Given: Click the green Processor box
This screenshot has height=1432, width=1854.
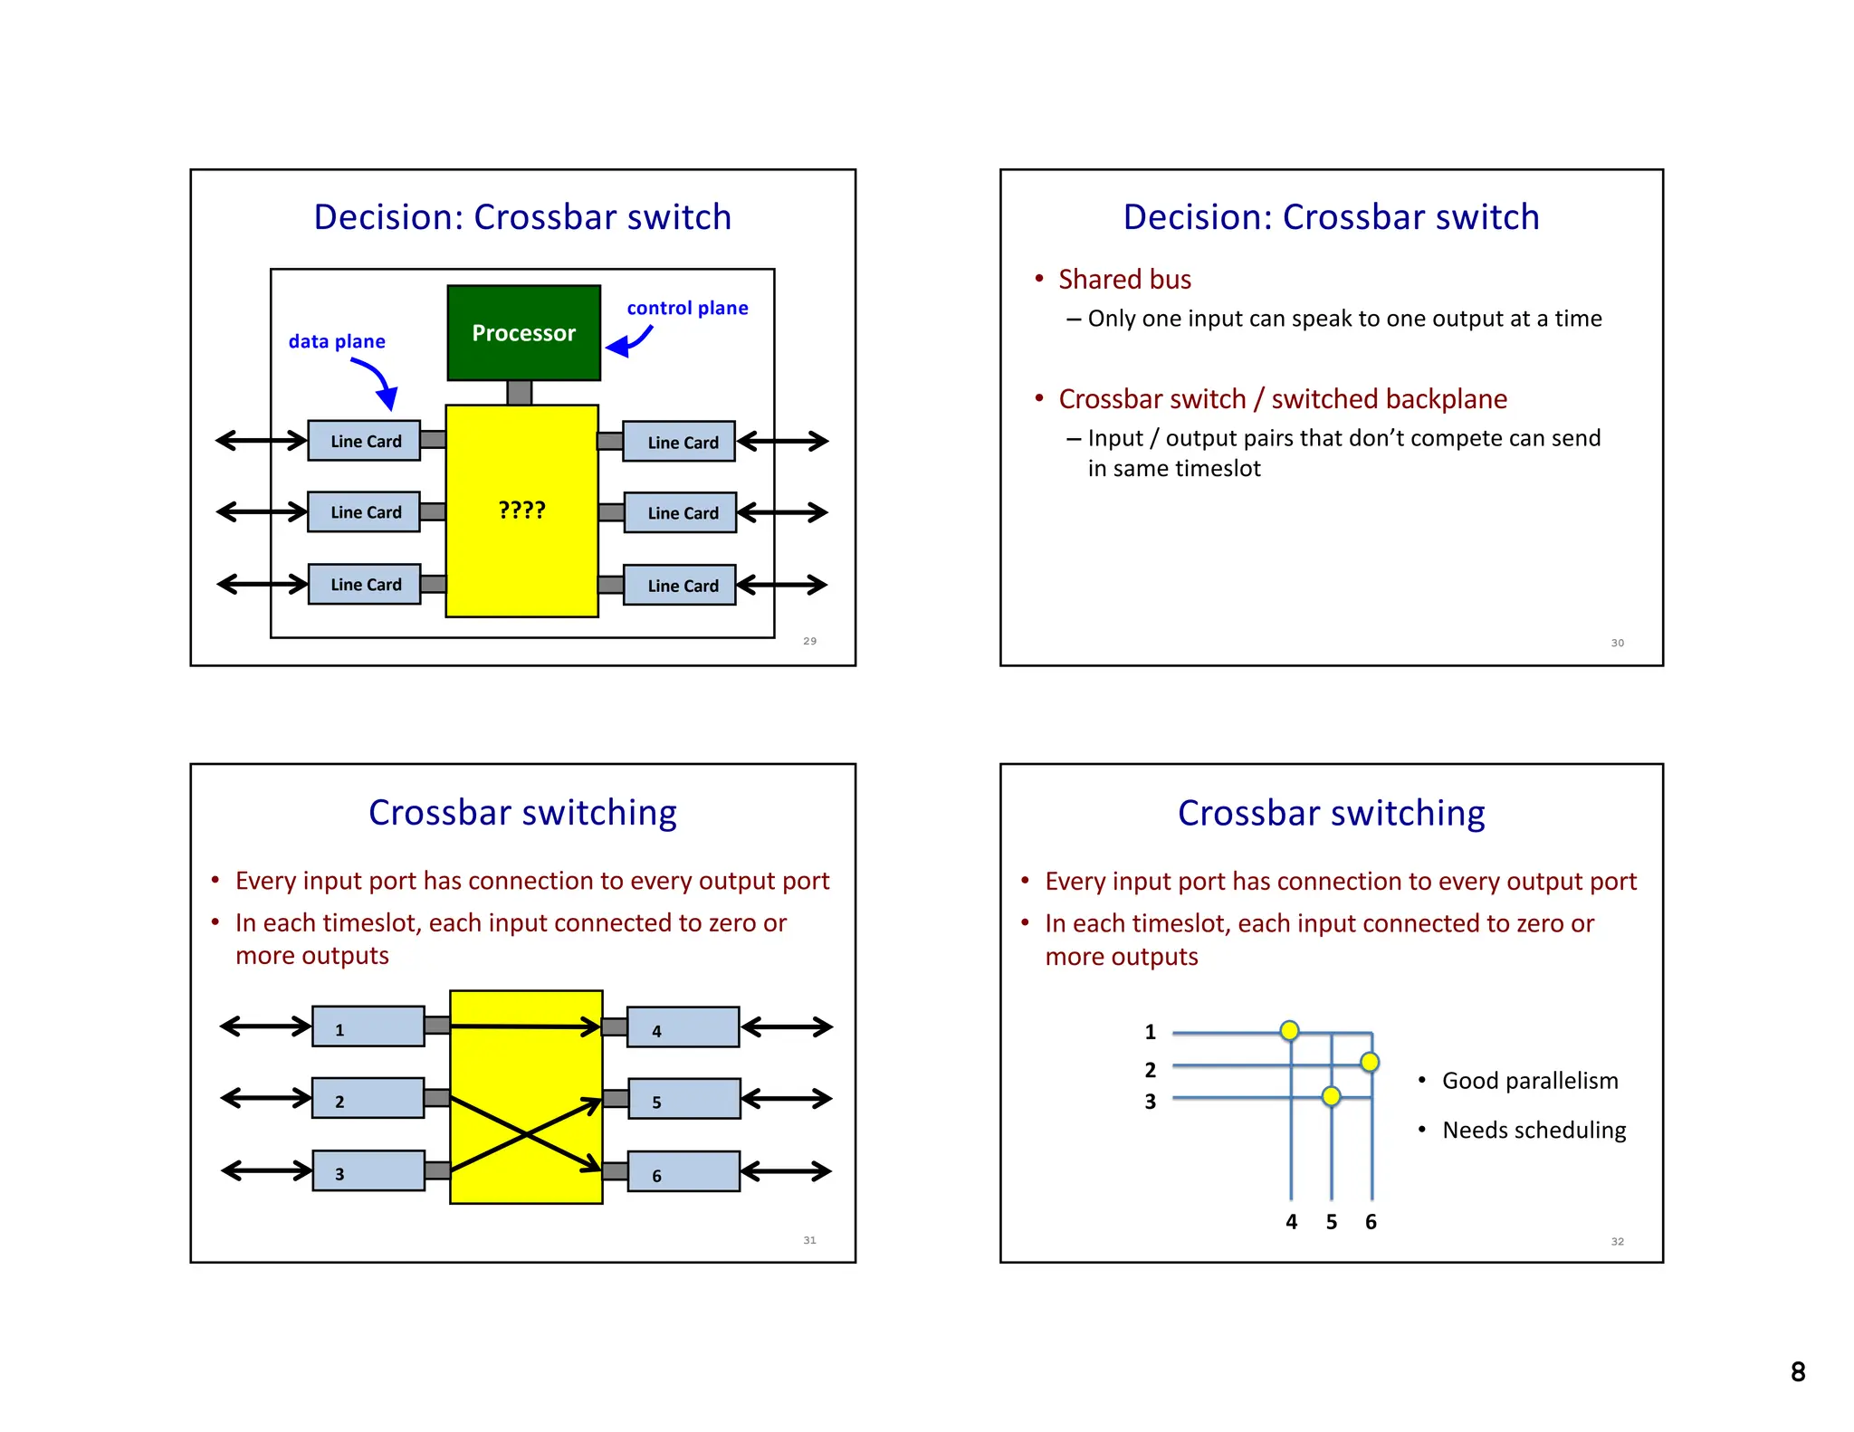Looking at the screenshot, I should [523, 332].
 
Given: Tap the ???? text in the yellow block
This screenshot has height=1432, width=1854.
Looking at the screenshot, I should [521, 510].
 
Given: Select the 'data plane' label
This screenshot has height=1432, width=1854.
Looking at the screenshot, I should [336, 341].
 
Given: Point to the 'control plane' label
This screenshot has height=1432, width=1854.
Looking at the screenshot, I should [687, 308].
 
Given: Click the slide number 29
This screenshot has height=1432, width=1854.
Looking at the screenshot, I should [809, 641].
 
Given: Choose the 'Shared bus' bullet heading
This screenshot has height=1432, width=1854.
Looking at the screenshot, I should [1124, 279].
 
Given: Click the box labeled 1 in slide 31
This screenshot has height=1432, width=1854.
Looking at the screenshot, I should [368, 1026].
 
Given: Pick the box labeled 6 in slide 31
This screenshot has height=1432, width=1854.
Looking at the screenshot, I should [683, 1171].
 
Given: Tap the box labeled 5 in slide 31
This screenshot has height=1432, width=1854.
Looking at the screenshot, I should [683, 1099].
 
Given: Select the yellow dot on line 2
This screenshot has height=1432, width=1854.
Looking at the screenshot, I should [1370, 1062].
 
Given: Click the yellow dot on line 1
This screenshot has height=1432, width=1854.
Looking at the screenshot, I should [1290, 1030].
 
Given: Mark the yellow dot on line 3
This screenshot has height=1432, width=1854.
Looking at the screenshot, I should [1331, 1096].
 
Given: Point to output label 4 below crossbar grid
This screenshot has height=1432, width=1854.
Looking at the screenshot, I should [1291, 1222].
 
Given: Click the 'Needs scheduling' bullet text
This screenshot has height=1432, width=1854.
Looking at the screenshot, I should [1534, 1130].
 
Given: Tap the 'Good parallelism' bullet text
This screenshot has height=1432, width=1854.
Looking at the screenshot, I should [1530, 1081].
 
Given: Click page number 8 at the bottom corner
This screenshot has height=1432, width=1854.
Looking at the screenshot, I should [1797, 1372].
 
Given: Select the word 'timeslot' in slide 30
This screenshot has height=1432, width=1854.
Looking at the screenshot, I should [1218, 469].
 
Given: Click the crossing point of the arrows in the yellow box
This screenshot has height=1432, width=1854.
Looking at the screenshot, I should [526, 1134].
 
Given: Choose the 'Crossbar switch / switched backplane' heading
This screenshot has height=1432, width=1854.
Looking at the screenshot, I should [1282, 399].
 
